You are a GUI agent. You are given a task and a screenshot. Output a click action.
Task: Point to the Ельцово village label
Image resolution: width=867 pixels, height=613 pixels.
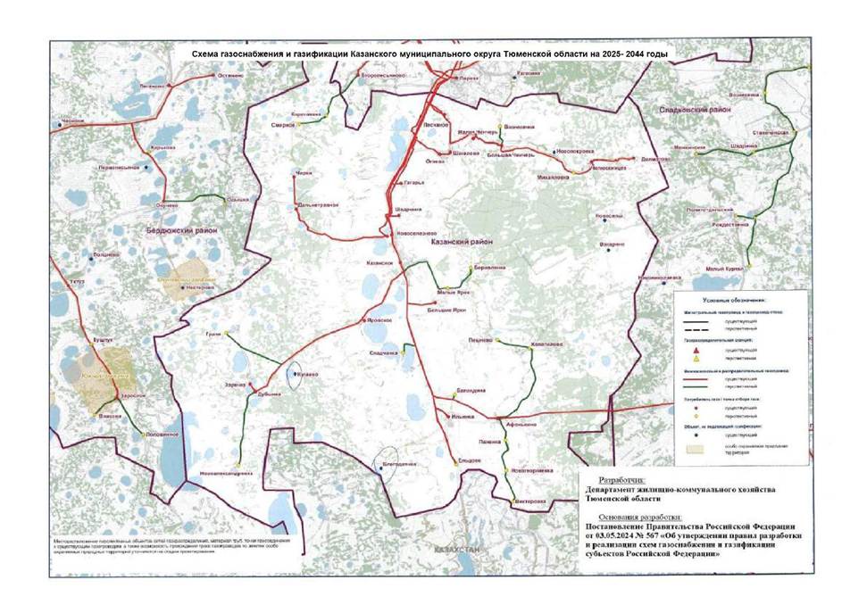pyautogui.click(x=470, y=460)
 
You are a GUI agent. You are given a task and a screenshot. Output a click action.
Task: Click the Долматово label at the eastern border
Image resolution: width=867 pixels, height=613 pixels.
pyautogui.click(x=657, y=158)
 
